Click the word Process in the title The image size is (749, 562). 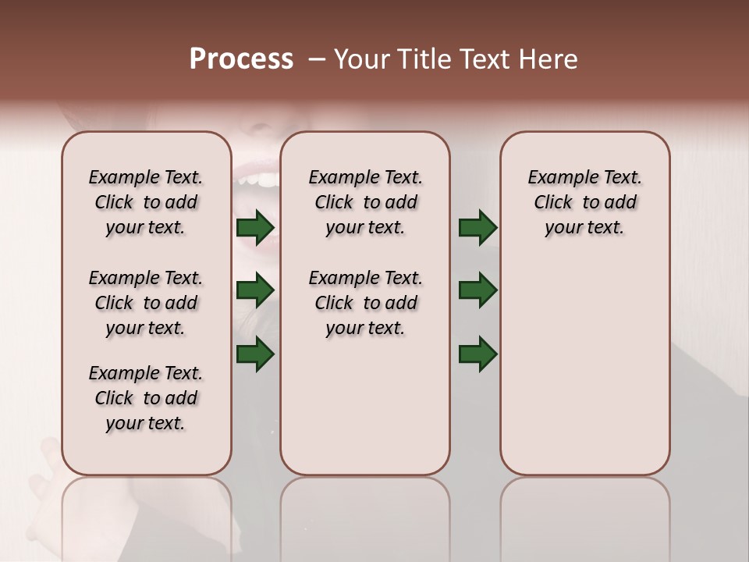point(241,59)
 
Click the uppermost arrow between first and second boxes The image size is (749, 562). point(255,228)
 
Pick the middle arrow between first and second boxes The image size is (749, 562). point(255,290)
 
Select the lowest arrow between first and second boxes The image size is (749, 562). point(255,353)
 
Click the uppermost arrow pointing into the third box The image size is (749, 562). point(477,228)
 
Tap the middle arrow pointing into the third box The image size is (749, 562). point(477,290)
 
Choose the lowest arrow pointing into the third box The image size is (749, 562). point(477,354)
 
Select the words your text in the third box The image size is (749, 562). point(584,228)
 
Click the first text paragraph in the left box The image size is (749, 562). point(146,202)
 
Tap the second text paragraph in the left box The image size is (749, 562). point(146,303)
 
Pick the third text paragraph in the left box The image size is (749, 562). point(146,398)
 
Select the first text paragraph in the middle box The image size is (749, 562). point(365,202)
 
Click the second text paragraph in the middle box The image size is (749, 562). point(365,303)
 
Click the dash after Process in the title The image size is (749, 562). point(317,59)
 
